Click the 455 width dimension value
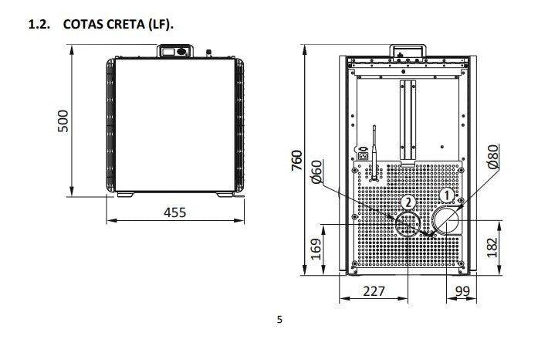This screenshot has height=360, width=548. coord(174,211)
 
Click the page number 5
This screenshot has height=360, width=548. coord(279,319)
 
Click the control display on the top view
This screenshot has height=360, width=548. coord(174,53)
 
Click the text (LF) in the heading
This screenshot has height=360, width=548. coord(161,25)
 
